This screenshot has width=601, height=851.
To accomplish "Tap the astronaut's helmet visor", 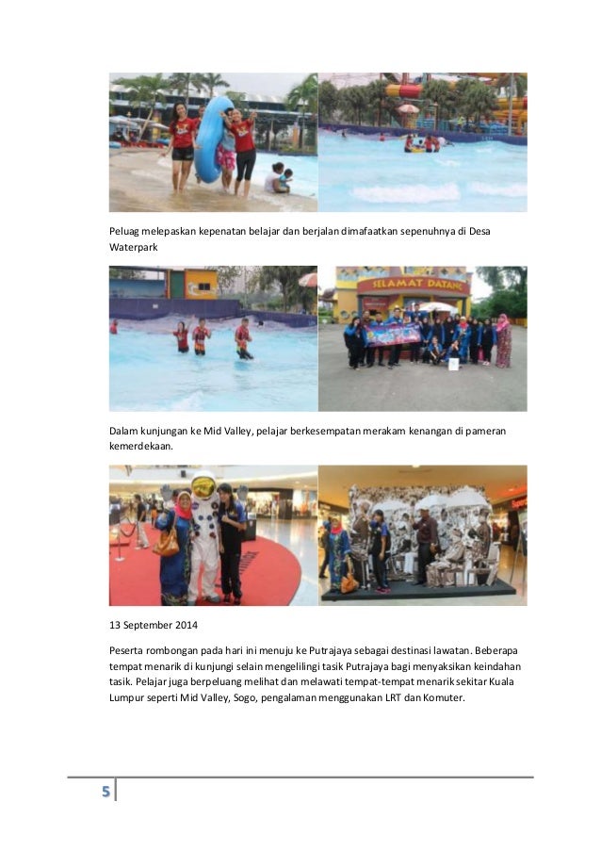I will [203, 489].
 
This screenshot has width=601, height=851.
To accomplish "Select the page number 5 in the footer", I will [106, 790].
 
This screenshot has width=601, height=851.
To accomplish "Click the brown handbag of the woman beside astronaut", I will [167, 545].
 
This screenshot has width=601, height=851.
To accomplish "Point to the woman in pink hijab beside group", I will [504, 341].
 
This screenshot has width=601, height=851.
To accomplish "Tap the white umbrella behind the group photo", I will [436, 307].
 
